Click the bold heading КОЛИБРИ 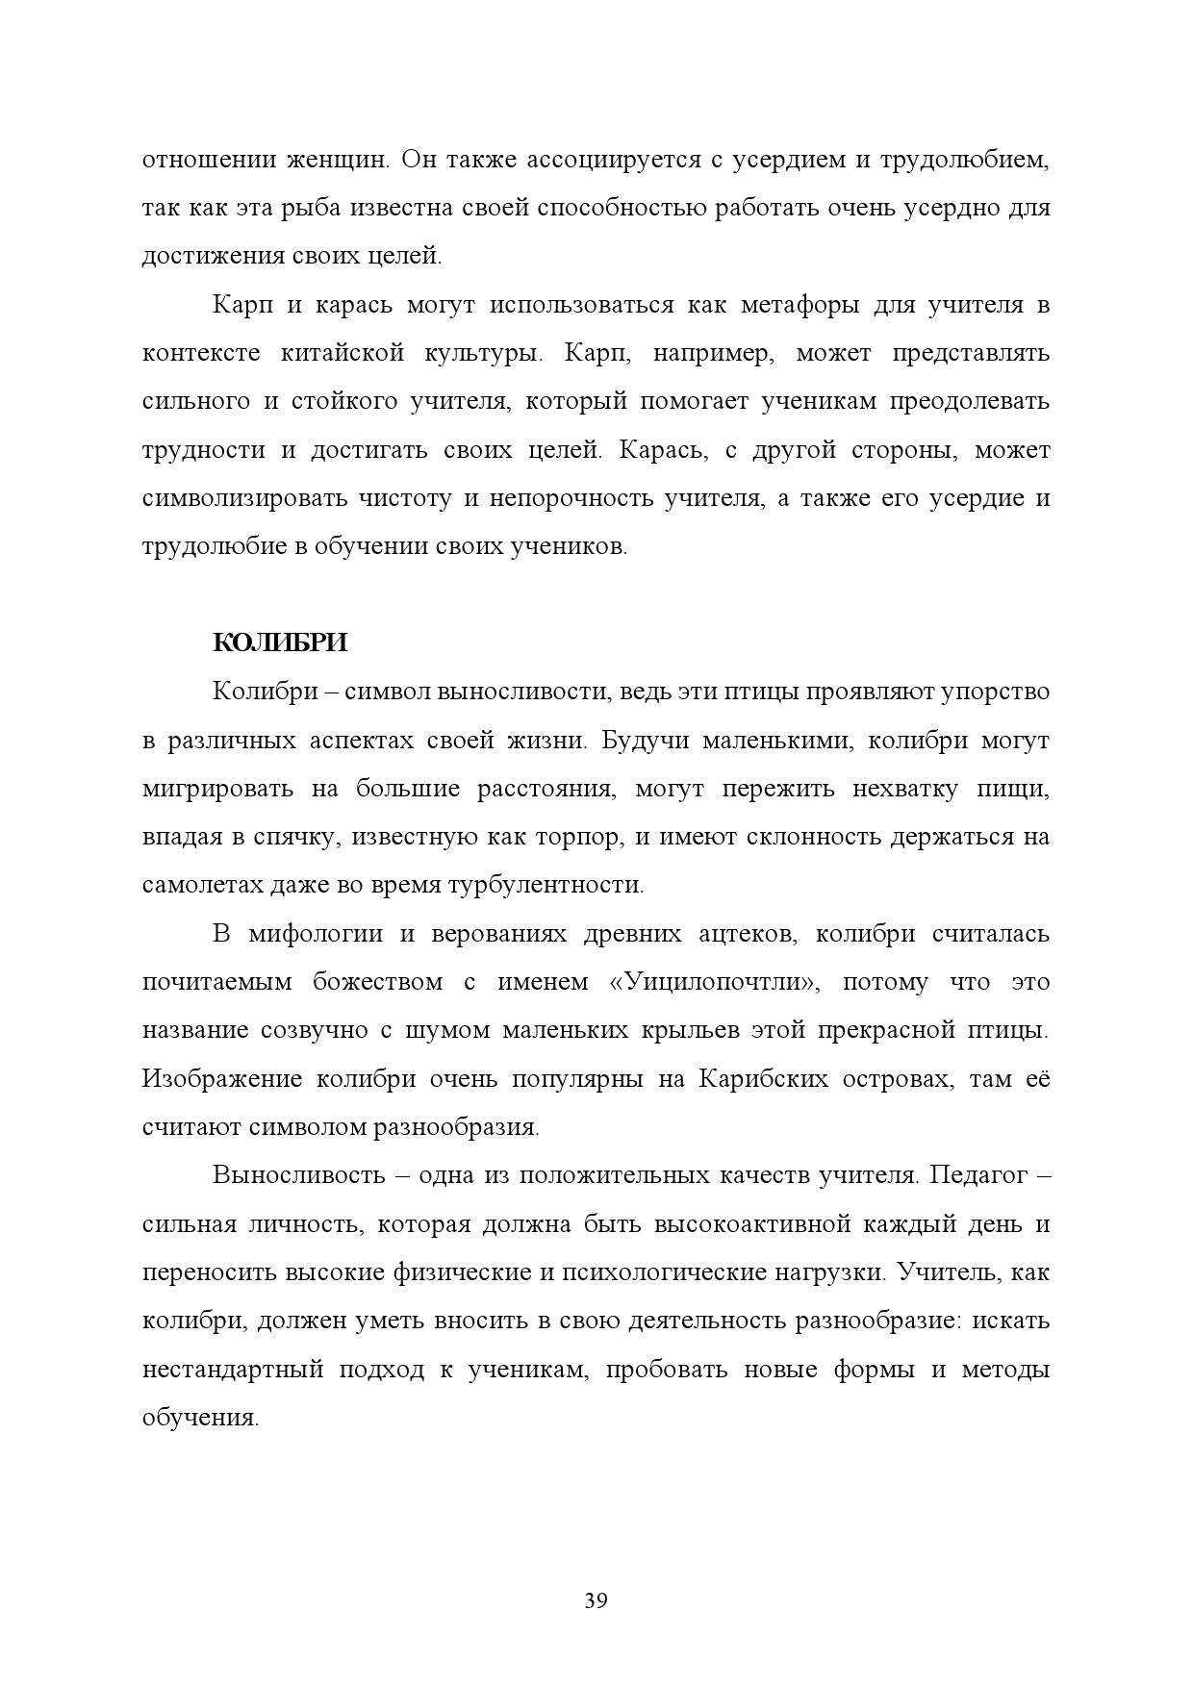[x=279, y=642]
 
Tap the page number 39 [x=596, y=1601]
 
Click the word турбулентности [x=546, y=885]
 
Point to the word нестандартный [x=232, y=1369]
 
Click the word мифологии [x=315, y=934]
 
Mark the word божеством [x=377, y=982]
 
